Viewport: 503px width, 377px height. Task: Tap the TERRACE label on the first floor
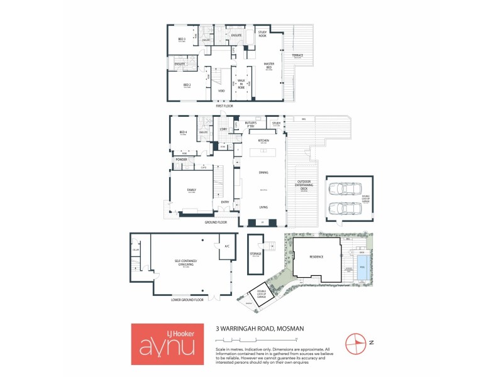[297, 55]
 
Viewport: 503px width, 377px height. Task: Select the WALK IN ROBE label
[241, 82]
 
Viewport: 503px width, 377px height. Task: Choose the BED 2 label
[187, 85]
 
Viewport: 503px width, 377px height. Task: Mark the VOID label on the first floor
[221, 92]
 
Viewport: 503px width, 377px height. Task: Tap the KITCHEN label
[263, 140]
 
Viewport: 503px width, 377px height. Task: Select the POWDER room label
[182, 160]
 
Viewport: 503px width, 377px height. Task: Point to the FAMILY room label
[192, 189]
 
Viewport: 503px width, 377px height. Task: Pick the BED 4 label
[183, 132]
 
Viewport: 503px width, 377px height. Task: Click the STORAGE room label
[256, 253]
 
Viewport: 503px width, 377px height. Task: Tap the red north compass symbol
[356, 342]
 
